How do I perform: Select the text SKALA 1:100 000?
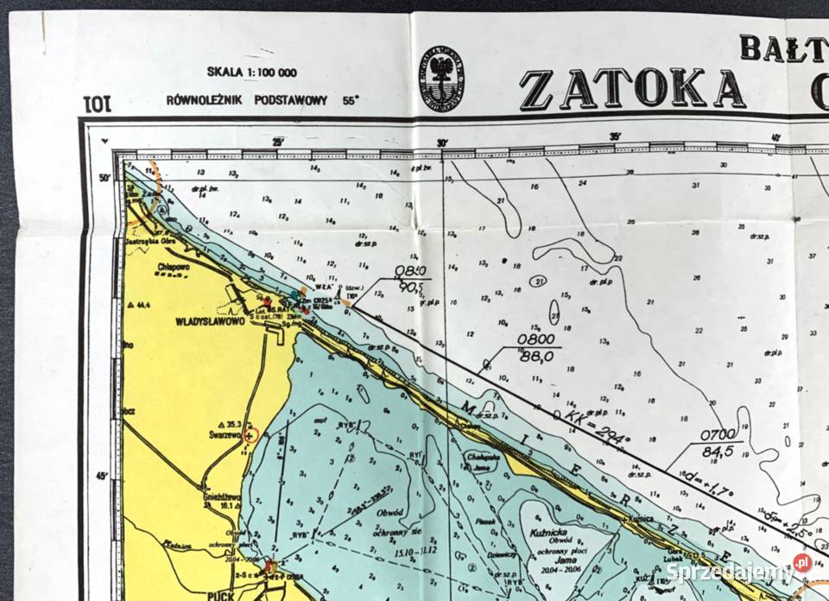click(x=252, y=73)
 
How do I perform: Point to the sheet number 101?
click(x=97, y=104)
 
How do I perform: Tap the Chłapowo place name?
click(x=174, y=267)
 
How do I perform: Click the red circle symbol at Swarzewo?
click(x=250, y=437)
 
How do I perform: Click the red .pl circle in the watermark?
click(x=802, y=563)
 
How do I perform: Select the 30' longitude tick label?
click(x=442, y=143)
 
